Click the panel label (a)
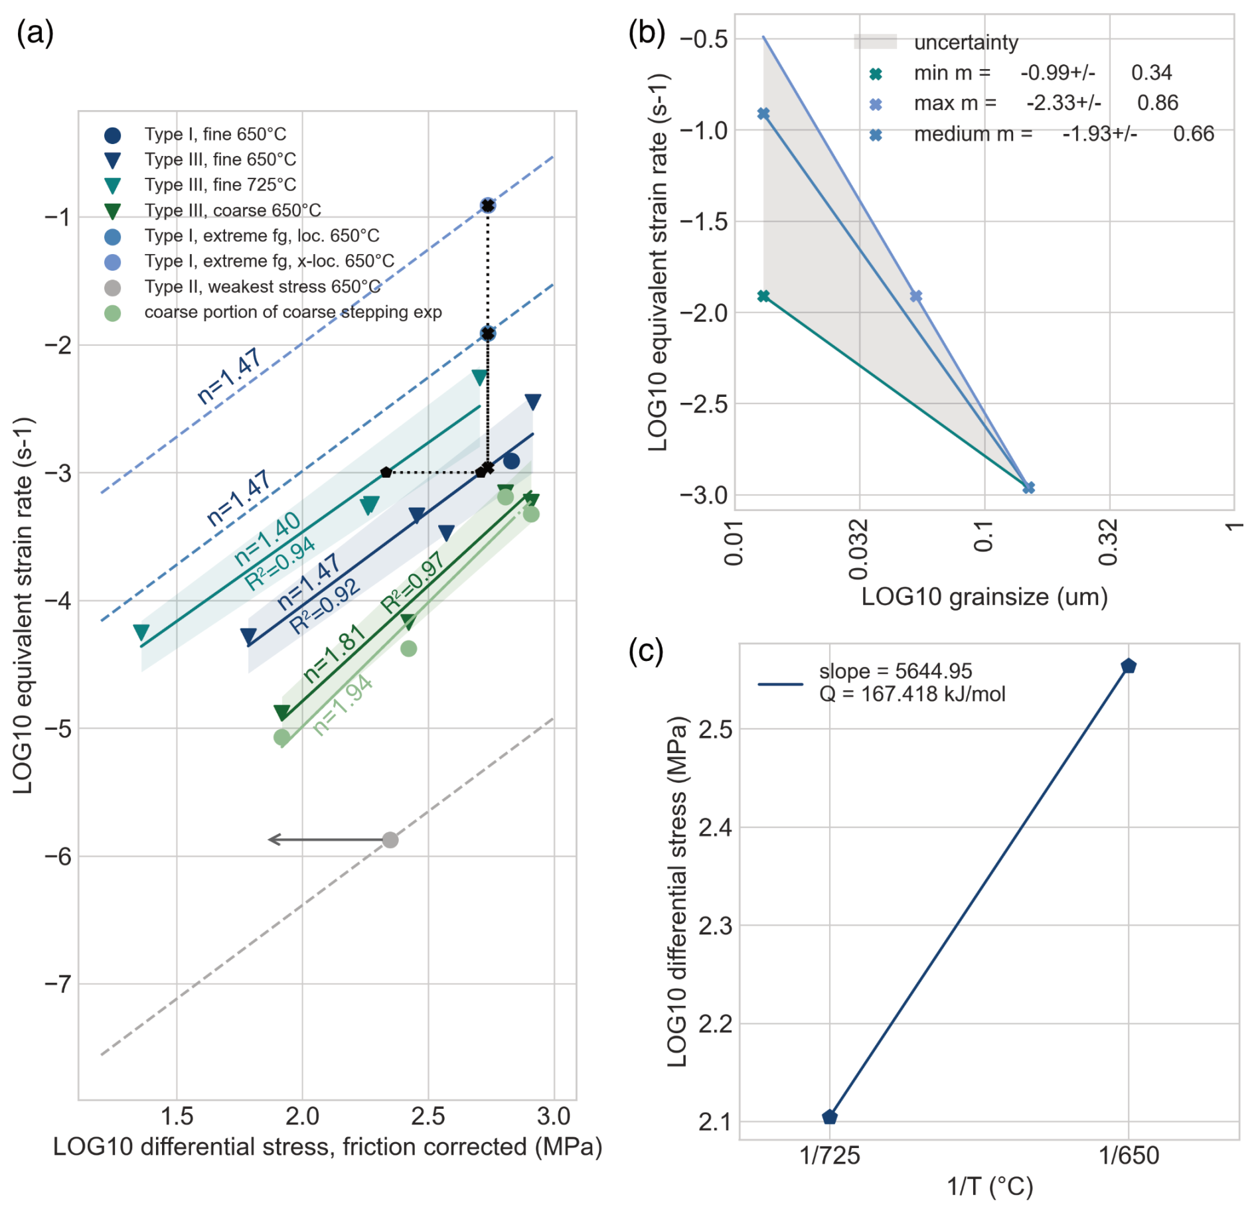click(x=35, y=32)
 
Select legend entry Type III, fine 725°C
click(x=220, y=185)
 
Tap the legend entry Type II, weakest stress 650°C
click(x=262, y=287)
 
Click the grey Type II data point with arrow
click(x=390, y=840)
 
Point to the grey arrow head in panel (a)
click(x=271, y=839)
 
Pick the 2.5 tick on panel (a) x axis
click(x=428, y=1116)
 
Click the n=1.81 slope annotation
click(x=335, y=654)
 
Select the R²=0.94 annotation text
click(x=279, y=563)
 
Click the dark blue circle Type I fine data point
click(x=511, y=461)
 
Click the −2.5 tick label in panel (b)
click(x=704, y=404)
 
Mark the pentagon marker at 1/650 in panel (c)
click(x=1129, y=666)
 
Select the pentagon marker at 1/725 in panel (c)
click(x=829, y=1117)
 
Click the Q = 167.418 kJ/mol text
click(x=912, y=694)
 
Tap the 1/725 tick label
click(x=829, y=1156)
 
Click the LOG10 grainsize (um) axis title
click(x=984, y=597)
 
